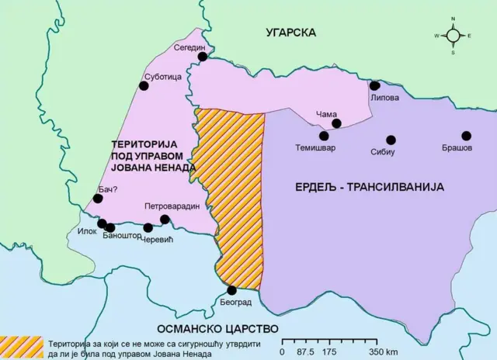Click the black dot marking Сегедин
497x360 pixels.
pos(202,56)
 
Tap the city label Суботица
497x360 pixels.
pos(162,78)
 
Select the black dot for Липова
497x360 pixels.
pos(375,86)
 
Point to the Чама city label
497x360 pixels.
pos(327,115)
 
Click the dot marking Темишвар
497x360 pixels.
pos(324,136)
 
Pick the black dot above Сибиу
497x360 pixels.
pos(391,140)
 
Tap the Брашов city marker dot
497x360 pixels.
pos(466,136)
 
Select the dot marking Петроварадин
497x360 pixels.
pos(165,220)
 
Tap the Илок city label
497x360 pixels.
pos(88,231)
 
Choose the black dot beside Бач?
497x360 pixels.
pos(98,199)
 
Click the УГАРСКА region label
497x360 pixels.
pos(290,33)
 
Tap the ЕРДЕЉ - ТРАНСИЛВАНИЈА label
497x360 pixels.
pos(369,187)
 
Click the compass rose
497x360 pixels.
pos(453,36)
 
